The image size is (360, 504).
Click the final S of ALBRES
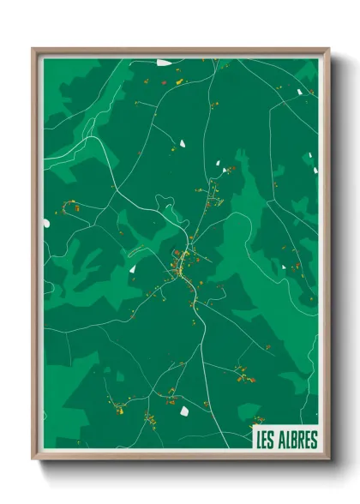pos(312,441)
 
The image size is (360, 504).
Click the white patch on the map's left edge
pos(46,224)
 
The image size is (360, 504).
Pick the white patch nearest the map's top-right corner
pos(299,91)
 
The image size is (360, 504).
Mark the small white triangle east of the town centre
pos(284,267)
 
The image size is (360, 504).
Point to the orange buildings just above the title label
pos(256,422)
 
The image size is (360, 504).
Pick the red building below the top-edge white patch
pos(163,82)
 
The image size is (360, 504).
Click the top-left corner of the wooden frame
pos(33,48)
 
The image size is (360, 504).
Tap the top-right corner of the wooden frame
pos(329,48)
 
